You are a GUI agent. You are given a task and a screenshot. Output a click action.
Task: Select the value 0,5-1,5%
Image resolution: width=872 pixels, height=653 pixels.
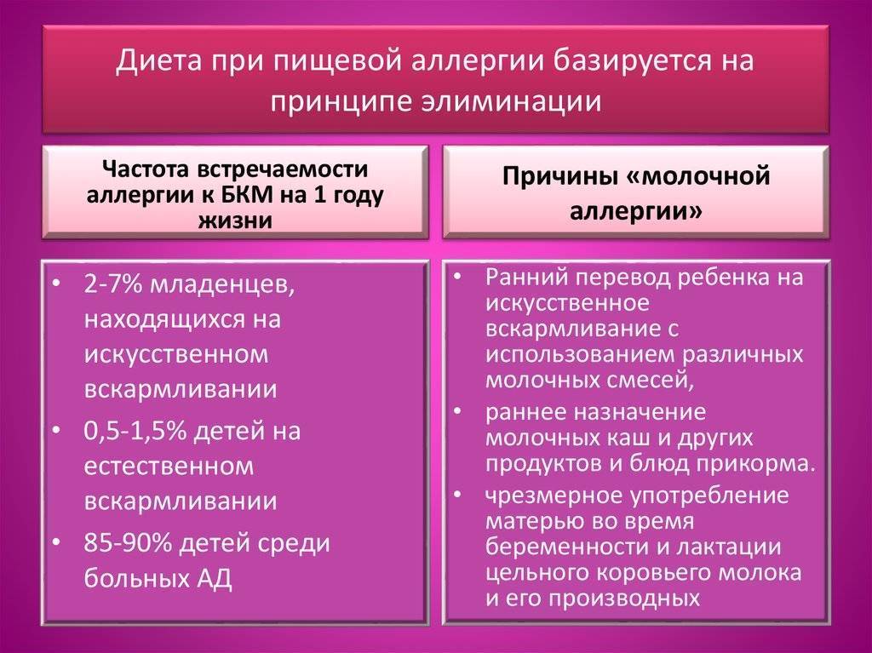point(135,431)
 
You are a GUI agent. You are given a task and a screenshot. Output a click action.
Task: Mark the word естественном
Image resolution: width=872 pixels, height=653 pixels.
point(169,467)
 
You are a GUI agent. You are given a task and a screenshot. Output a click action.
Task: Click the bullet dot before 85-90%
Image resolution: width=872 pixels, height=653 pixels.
point(56,542)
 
